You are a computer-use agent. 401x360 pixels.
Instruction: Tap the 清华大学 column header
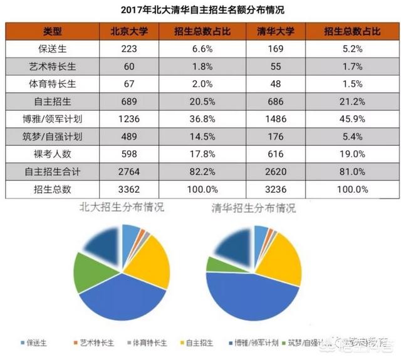(x=276, y=32)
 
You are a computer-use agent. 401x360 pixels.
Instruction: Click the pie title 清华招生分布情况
(x=251, y=207)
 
